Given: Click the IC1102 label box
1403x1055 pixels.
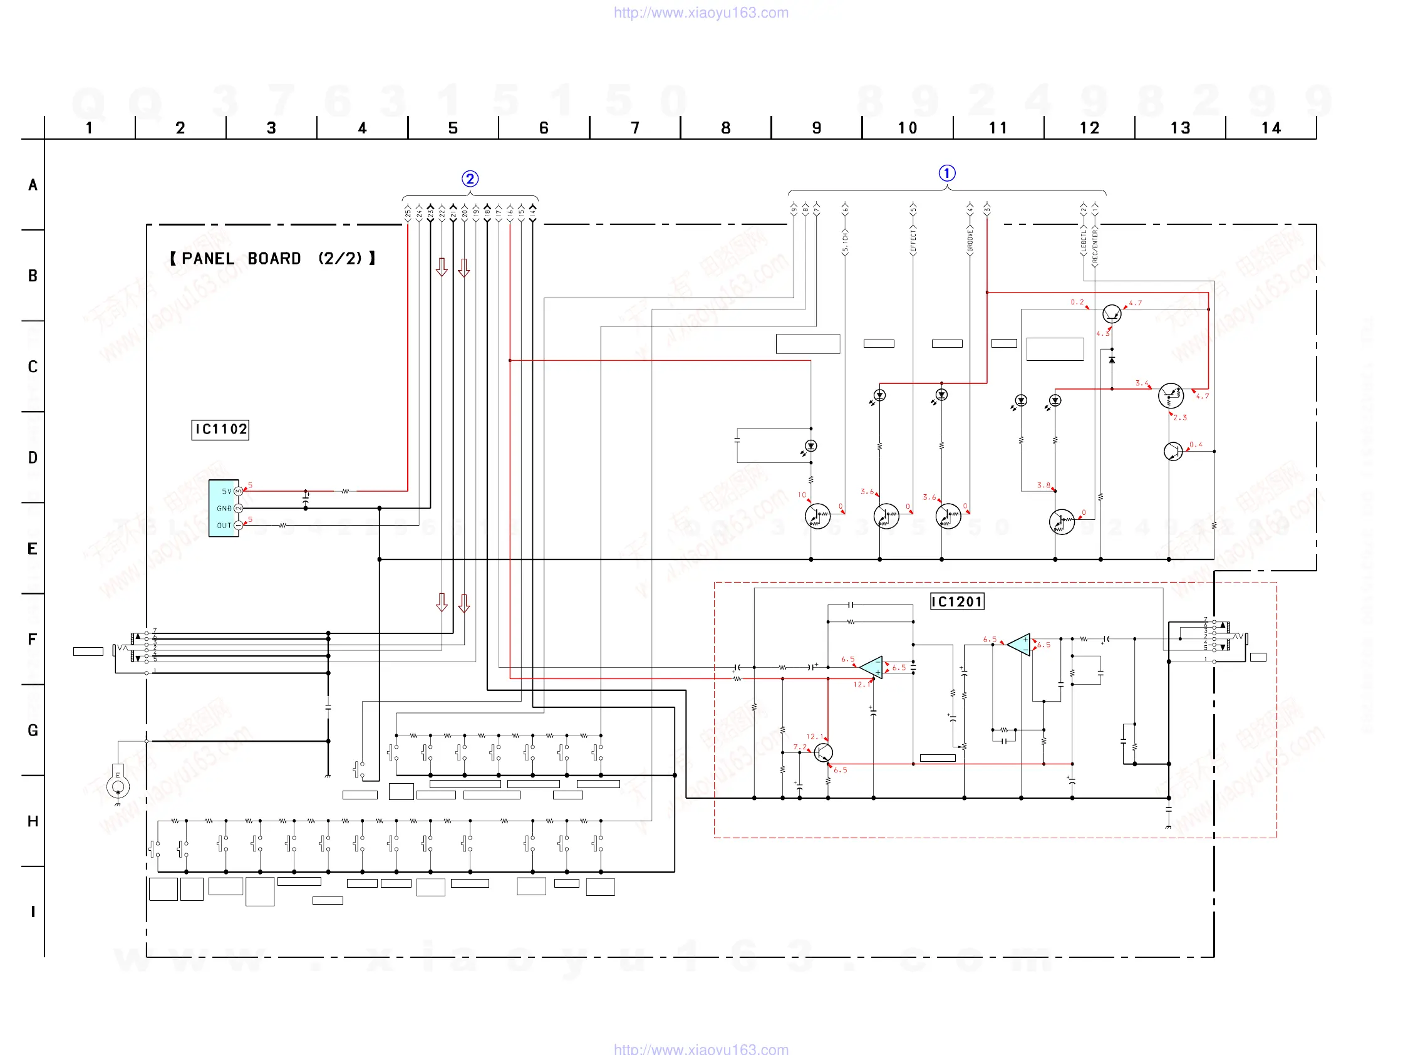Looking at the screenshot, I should [220, 430].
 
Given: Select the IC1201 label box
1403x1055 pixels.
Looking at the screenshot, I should [956, 601].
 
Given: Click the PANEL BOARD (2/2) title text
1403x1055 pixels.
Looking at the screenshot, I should [272, 258].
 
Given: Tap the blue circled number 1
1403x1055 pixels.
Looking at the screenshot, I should [946, 173].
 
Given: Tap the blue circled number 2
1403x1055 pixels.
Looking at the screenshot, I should [469, 179].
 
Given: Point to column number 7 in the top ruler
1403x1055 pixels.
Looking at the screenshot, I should [635, 128].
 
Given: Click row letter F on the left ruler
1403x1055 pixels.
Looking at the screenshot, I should [33, 639].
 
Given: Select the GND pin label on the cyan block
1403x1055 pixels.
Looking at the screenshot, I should [224, 508].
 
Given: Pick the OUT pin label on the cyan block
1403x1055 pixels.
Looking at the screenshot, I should [224, 525].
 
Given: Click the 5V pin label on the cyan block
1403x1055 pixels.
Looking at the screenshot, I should [226, 491].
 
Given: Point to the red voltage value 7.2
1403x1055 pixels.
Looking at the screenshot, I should [799, 747].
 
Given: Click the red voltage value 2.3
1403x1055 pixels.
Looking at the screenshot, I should [1180, 417].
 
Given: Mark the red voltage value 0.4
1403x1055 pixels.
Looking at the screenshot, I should [1196, 444].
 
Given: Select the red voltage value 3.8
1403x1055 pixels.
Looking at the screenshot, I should [1043, 485].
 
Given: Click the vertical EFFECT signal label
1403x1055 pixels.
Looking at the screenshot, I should [913, 241].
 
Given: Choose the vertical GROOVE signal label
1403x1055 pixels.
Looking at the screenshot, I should [970, 242].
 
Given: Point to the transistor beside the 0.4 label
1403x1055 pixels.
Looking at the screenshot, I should [1173, 451].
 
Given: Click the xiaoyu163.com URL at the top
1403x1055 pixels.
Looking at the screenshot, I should [701, 13].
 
